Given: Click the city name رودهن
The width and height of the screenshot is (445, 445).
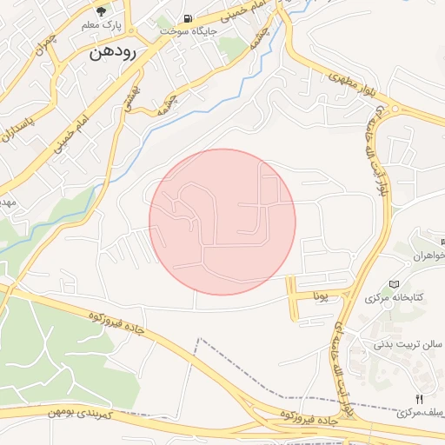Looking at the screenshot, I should (x=112, y=52).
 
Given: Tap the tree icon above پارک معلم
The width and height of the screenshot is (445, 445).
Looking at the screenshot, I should (x=103, y=12).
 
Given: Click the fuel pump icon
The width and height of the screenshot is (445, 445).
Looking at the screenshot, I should (x=188, y=18).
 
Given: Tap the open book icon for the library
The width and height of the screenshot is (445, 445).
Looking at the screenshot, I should (x=395, y=284).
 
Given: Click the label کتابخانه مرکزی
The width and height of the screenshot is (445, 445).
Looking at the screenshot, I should (x=395, y=298).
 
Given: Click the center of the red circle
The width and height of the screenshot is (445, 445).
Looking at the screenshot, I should (x=222, y=222).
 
